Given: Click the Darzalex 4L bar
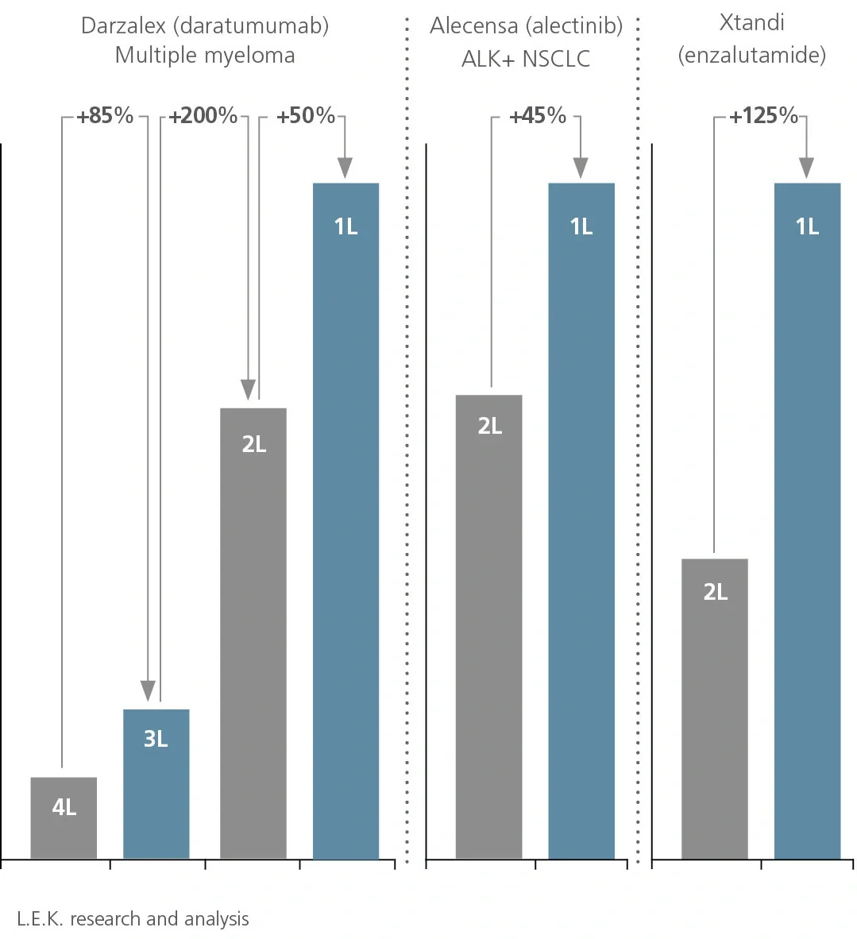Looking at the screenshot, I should coord(64,818).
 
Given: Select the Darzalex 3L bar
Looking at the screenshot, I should coord(156,783).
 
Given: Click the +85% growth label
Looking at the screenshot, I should coord(105,116).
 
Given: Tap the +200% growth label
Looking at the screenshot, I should coord(203,116).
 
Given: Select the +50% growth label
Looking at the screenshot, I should coord(306,116).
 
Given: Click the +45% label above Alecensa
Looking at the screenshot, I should coord(538,116).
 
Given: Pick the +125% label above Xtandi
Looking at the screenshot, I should coord(763,116).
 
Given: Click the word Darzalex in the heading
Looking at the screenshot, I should coord(125,25).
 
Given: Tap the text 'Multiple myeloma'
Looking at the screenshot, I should coord(205,56).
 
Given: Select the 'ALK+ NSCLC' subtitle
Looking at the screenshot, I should coord(526,60).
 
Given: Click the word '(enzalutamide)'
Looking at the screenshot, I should coord(751,55).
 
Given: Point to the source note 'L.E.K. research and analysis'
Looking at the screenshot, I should coord(133,919).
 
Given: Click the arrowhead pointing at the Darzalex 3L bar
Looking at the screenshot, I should coord(148,691).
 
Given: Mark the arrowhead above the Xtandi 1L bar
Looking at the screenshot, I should coord(807,168).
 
